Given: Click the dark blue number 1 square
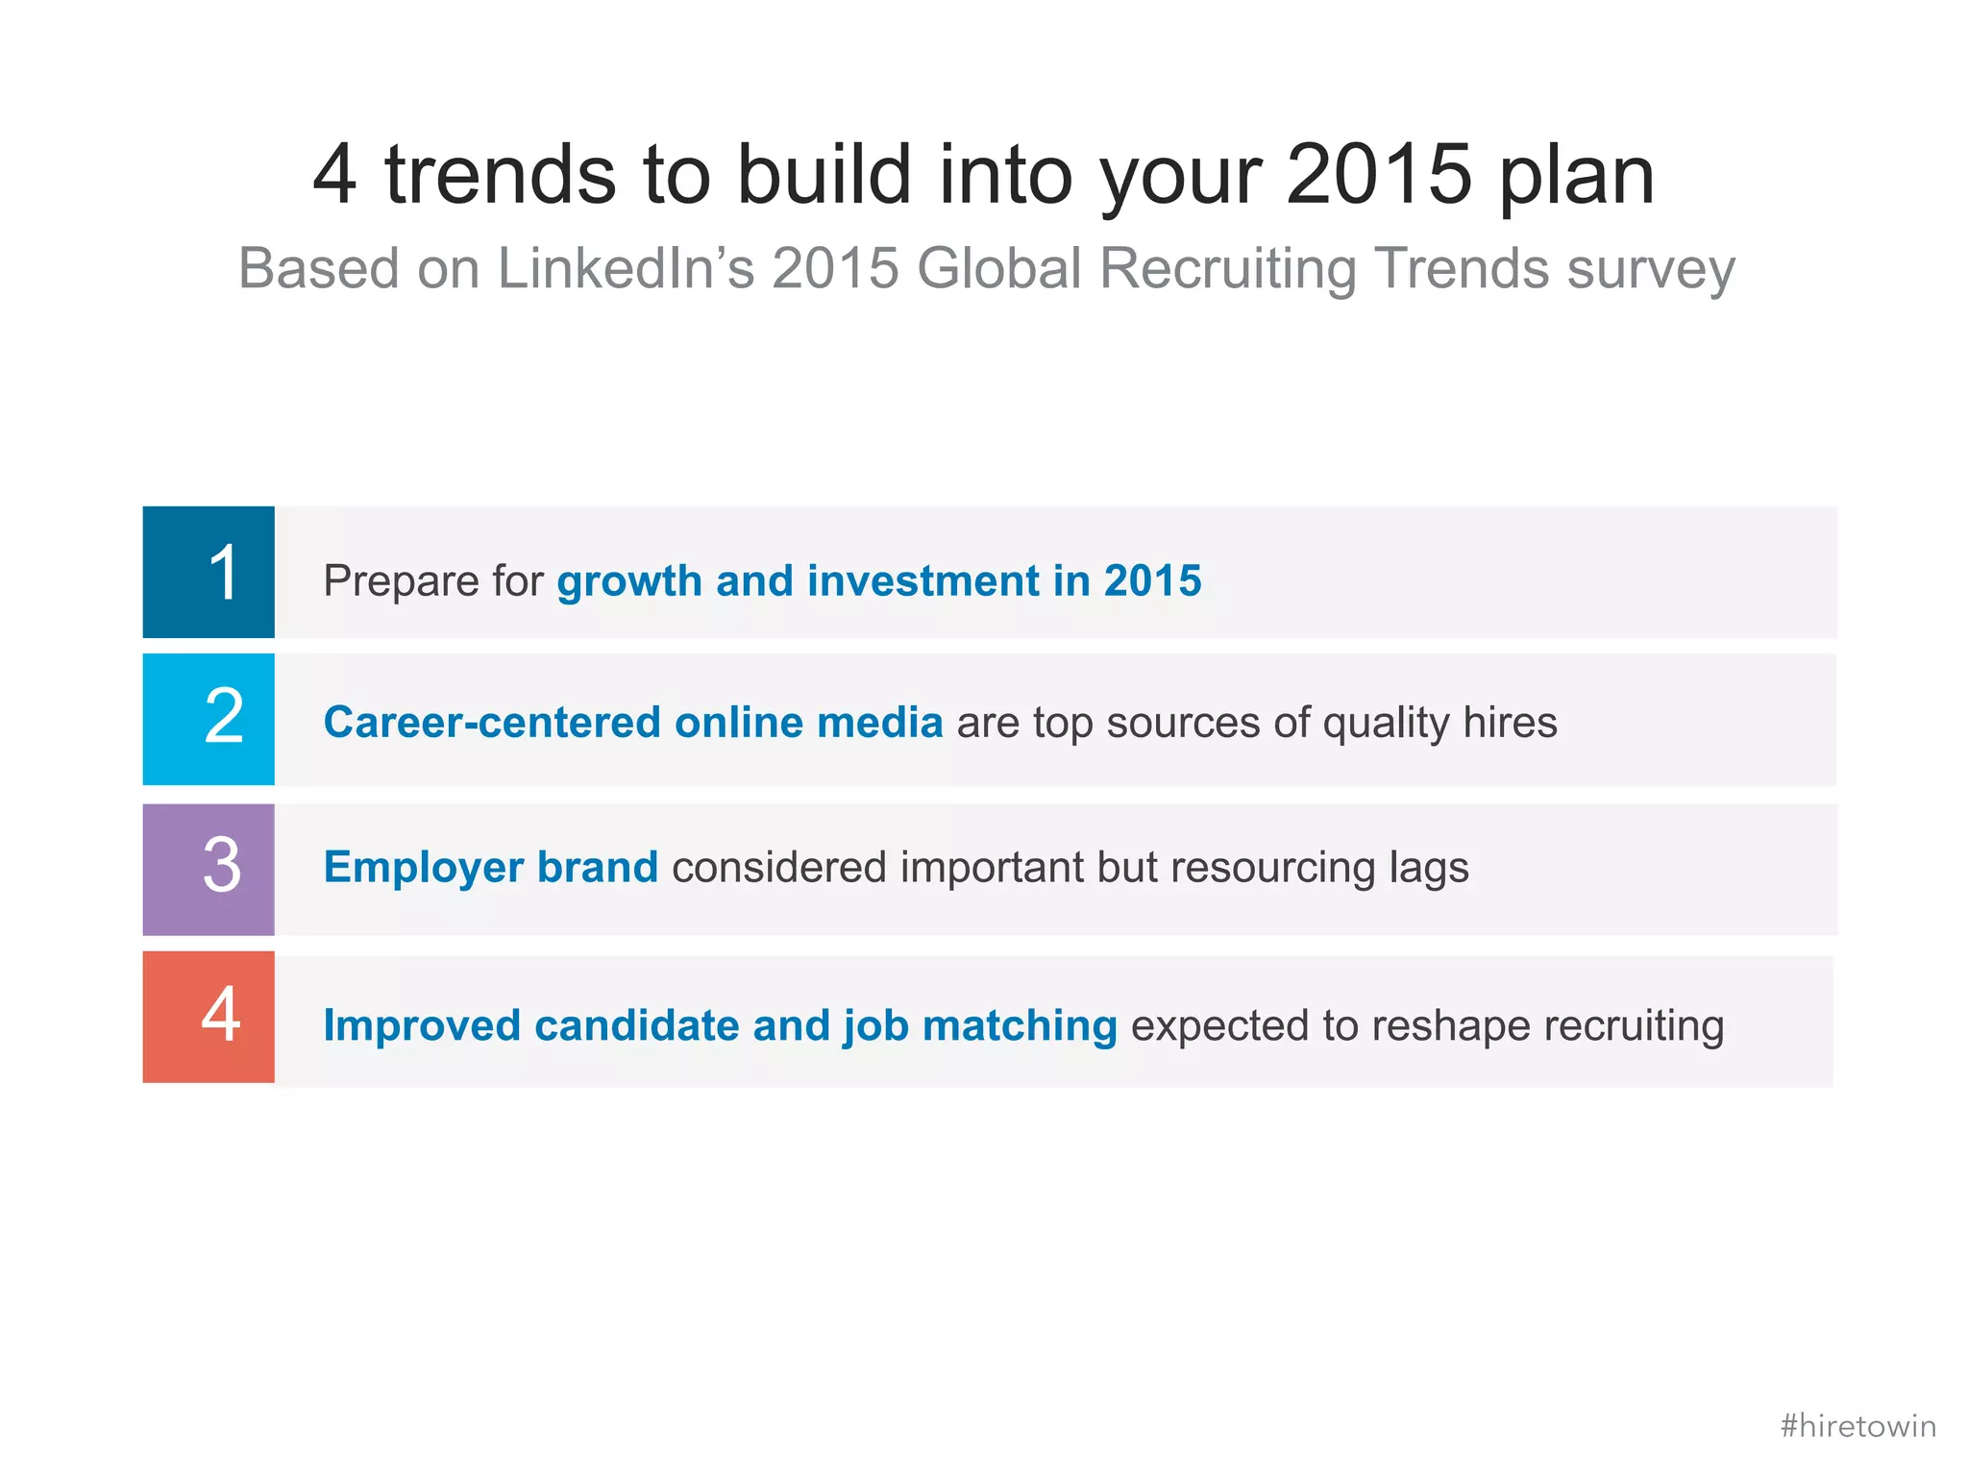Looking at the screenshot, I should (209, 572).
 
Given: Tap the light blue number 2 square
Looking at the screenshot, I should (209, 720).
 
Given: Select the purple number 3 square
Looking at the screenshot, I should (209, 869).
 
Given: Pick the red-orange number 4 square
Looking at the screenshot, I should (209, 1017).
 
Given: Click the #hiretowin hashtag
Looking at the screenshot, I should (1857, 1425).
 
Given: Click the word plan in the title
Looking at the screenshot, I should (1576, 176).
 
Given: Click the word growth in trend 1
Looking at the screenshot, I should (629, 581).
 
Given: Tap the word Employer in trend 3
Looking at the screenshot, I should (423, 868).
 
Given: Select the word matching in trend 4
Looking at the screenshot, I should (1020, 1026).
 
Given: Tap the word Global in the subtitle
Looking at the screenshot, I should (999, 268).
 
